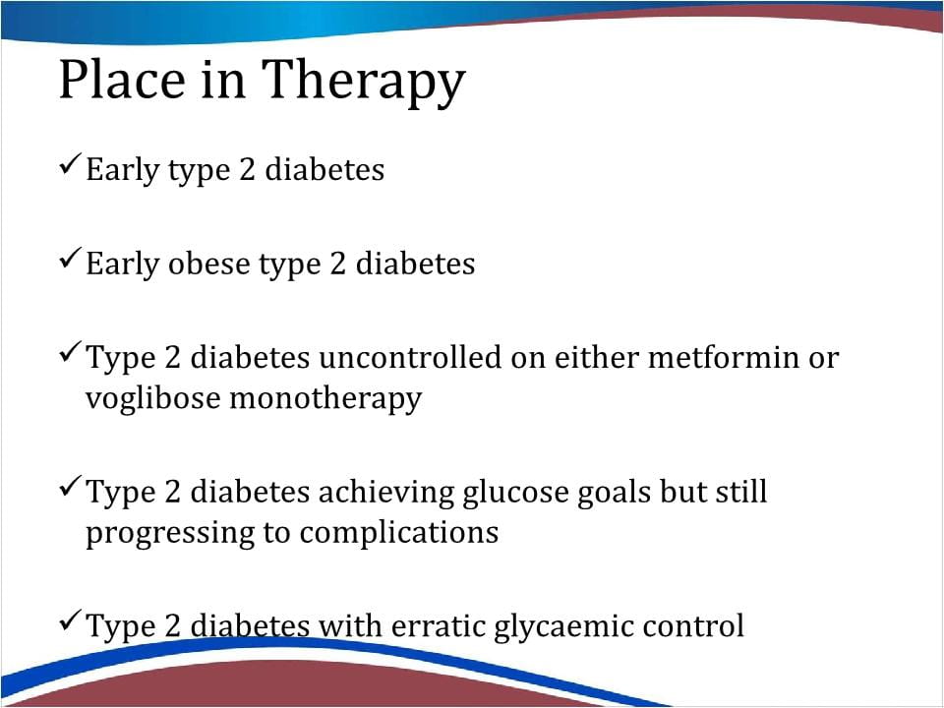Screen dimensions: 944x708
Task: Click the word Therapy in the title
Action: pos(364,82)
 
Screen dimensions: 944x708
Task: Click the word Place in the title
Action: pos(122,79)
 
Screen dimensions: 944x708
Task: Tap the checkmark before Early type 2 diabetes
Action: pos(71,164)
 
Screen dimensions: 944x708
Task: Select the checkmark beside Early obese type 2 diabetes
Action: pos(71,259)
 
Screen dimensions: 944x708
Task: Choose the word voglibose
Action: pos(153,398)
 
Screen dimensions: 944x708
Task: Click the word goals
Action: pos(614,493)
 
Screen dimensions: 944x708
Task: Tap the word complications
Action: pos(398,533)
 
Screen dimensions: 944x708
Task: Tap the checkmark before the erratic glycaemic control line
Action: pos(71,620)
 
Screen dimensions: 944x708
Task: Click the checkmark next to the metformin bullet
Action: pos(71,352)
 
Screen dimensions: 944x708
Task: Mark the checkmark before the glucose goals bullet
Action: pos(71,487)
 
